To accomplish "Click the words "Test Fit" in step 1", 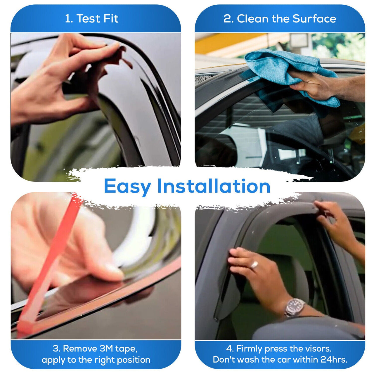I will (97, 19).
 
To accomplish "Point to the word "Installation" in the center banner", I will (214, 186).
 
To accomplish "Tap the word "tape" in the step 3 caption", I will (126, 349).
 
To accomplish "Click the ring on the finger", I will (254, 265).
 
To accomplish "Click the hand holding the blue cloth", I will (316, 85).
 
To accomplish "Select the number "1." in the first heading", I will (69, 19).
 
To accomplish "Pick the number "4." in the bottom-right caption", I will (230, 349).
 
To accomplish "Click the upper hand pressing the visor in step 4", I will (336, 222).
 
